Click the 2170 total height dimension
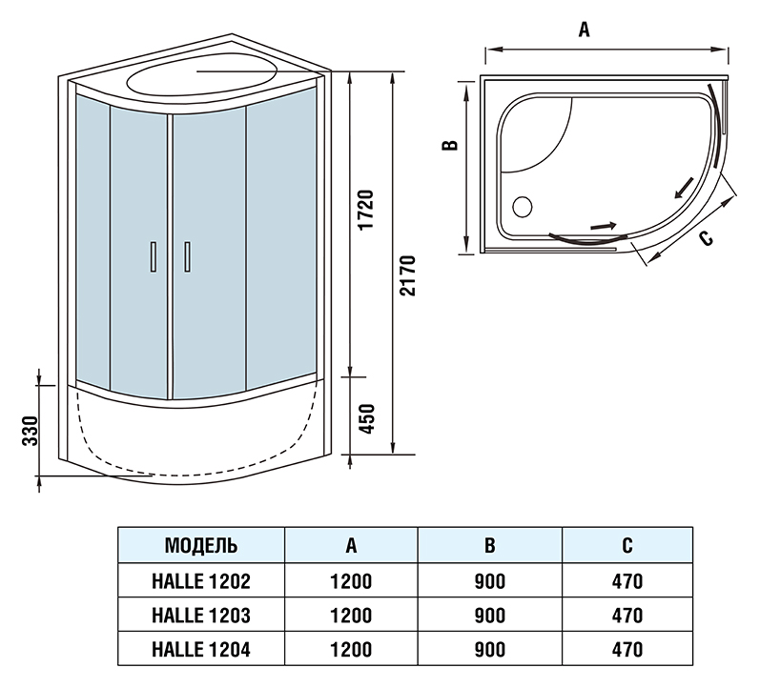[x=409, y=276]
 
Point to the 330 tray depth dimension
[x=31, y=431]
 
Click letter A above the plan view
[x=585, y=30]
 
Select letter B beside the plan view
[x=451, y=146]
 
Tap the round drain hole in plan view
[x=523, y=205]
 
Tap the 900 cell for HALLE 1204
[x=489, y=650]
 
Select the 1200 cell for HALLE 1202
[x=352, y=580]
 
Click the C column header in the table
[x=626, y=546]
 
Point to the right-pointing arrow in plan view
[x=603, y=226]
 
